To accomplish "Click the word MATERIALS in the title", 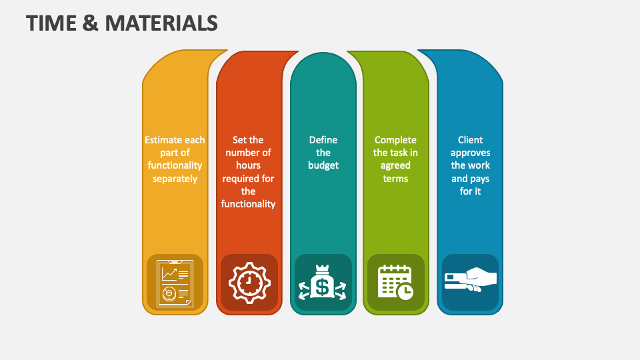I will pyautogui.click(x=163, y=23).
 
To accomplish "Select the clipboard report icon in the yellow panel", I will pyautogui.click(x=175, y=283).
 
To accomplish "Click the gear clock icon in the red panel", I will pyautogui.click(x=249, y=283).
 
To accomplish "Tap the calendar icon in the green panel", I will pyautogui.click(x=395, y=282).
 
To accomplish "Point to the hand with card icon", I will pyautogui.click(x=470, y=280).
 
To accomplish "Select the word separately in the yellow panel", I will pyautogui.click(x=175, y=179).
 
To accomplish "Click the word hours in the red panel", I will pyautogui.click(x=248, y=165).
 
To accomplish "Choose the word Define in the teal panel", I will pyautogui.click(x=323, y=140).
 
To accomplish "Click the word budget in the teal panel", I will pyautogui.click(x=323, y=165).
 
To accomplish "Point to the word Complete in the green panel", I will pyautogui.click(x=395, y=140).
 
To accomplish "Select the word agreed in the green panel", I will pyautogui.click(x=395, y=165).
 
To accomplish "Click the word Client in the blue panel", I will pyautogui.click(x=470, y=140).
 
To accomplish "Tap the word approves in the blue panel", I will pyautogui.click(x=470, y=153).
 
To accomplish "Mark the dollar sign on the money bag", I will pyautogui.click(x=323, y=287).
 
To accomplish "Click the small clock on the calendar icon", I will pyautogui.click(x=405, y=291).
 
